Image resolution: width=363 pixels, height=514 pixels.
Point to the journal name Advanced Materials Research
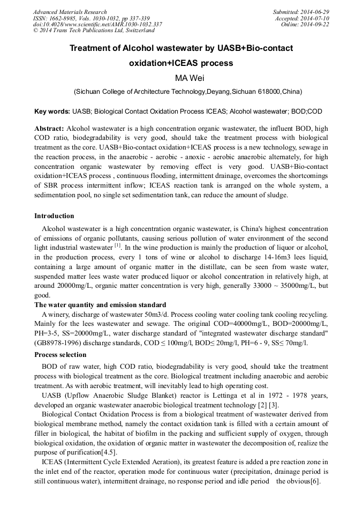click(70, 12)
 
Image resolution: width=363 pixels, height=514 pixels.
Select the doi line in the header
click(97, 25)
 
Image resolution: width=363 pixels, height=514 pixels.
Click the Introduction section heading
click(54, 216)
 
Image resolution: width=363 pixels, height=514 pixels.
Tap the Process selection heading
click(60, 355)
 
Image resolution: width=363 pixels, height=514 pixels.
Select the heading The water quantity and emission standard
click(100, 305)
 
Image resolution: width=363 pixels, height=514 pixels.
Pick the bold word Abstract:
click(49, 129)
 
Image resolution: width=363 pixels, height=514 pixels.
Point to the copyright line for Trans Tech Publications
click(94, 31)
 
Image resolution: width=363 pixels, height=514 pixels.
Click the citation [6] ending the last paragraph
click(315, 481)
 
